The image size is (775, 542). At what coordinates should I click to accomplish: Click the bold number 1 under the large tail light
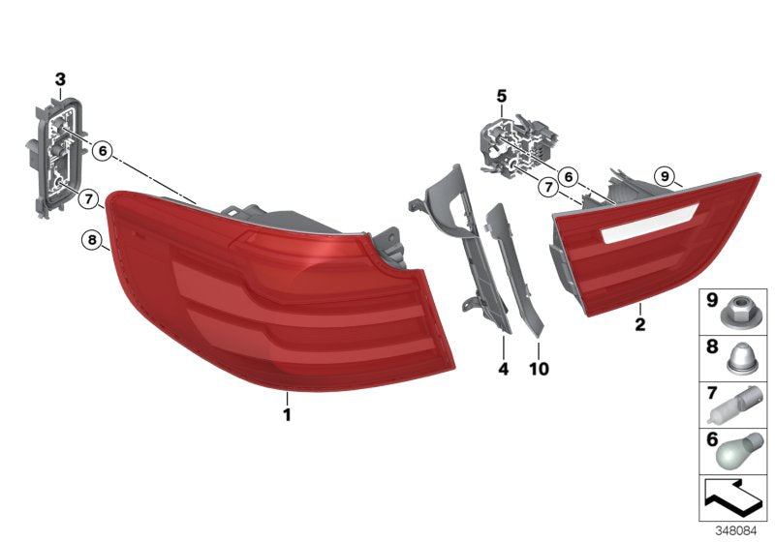pos(287,415)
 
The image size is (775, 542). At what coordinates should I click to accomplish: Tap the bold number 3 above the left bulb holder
pos(60,78)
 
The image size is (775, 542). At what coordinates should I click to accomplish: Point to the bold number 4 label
pos(503,368)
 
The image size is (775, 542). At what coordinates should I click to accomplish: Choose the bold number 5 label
pos(501,96)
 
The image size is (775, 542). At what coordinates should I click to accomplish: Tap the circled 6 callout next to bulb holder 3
pos(103,150)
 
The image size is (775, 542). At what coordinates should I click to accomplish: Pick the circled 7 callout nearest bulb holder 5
pos(547,185)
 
